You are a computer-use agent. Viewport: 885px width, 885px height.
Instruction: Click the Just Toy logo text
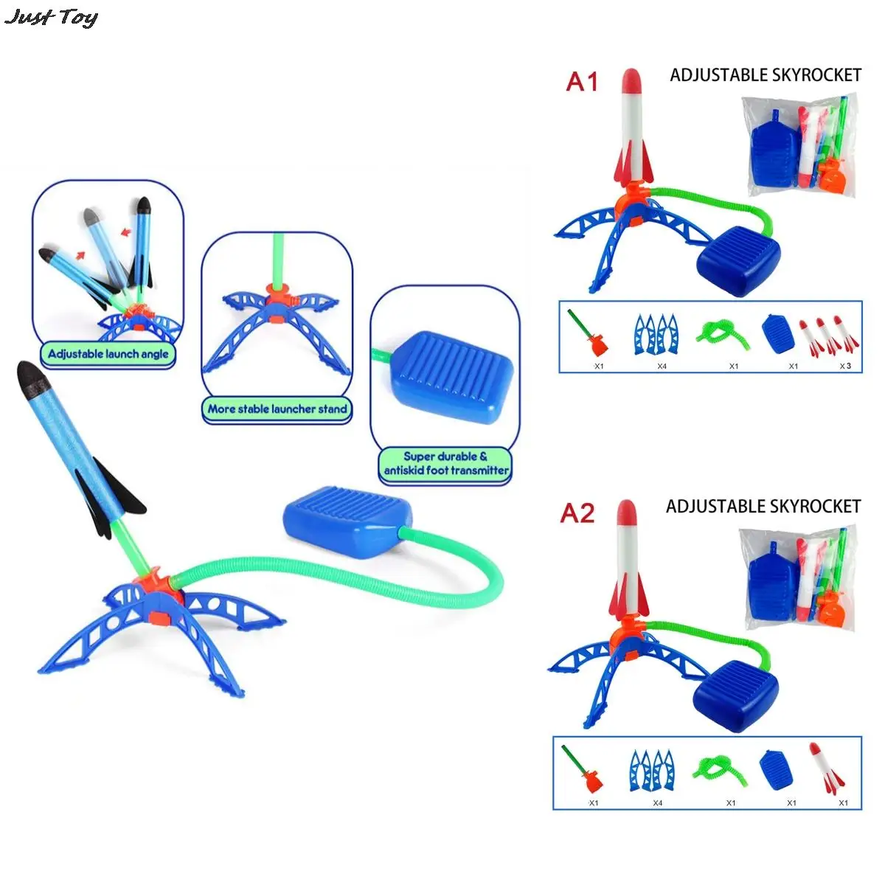[51, 18]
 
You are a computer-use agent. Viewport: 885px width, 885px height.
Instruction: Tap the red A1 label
[582, 82]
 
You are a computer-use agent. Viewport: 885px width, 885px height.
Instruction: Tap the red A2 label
[577, 513]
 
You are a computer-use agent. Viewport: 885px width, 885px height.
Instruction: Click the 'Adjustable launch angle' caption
[108, 354]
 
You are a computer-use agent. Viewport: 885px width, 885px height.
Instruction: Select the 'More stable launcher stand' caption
[277, 409]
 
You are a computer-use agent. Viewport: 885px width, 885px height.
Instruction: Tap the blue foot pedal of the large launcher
[347, 521]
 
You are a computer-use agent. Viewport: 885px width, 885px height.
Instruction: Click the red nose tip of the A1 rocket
[631, 80]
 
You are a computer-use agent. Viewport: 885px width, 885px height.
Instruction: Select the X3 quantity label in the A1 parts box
[845, 366]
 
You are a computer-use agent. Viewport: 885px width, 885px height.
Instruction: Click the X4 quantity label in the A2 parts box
[658, 803]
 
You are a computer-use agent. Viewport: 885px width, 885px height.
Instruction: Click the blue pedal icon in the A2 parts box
[776, 770]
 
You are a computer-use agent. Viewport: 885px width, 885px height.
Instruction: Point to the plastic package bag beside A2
[799, 580]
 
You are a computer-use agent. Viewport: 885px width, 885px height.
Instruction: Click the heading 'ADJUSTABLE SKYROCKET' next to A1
[765, 75]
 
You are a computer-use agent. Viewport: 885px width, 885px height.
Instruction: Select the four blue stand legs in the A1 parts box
[656, 334]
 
